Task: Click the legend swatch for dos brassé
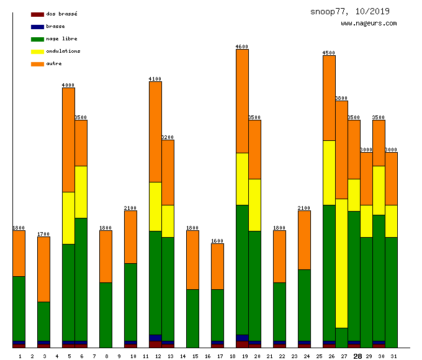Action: coord(37,14)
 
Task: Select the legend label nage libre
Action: coord(61,38)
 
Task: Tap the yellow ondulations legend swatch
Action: coord(37,52)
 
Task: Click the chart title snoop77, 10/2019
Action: coord(350,11)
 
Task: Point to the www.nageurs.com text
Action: coord(369,24)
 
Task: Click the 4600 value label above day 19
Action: coord(242,47)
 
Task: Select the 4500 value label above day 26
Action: coord(329,53)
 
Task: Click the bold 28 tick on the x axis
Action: coord(357,356)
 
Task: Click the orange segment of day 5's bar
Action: coord(68,140)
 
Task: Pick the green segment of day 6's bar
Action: coord(81,279)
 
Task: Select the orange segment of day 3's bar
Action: coord(43,269)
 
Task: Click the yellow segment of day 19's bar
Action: coord(242,179)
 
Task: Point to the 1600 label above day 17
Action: coord(217,241)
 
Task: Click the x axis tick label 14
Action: coord(182,356)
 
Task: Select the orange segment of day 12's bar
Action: coord(155,132)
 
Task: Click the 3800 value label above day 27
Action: coord(341,98)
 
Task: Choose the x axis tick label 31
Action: coord(393,356)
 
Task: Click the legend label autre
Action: coord(54,63)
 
